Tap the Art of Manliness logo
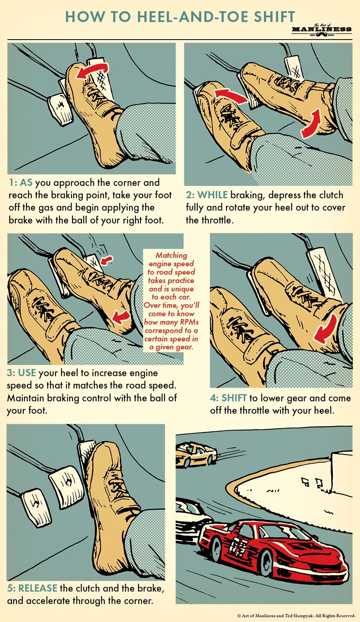coord(322,30)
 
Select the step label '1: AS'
coord(20,182)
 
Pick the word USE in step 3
coord(27,373)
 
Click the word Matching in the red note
coord(171,255)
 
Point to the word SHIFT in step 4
coord(234,398)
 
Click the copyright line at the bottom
coord(296,615)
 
